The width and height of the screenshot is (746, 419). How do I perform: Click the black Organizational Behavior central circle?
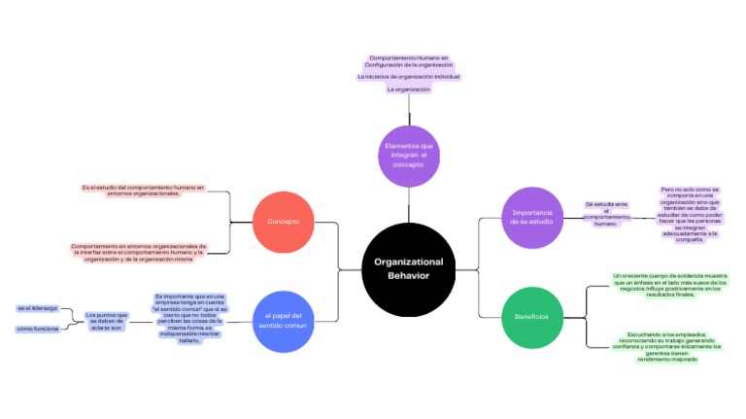click(408, 269)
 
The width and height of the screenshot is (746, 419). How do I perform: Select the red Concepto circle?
click(283, 222)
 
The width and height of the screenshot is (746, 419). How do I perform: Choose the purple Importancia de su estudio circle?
click(531, 217)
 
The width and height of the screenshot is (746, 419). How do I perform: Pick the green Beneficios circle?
click(531, 317)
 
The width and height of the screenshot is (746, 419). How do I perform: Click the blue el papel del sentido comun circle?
click(283, 321)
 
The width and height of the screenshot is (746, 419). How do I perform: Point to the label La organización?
click(408, 88)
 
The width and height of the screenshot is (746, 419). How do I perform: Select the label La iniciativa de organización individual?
click(408, 76)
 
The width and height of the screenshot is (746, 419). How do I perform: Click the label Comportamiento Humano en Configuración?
click(408, 61)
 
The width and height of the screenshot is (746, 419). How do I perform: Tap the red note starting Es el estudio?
click(143, 190)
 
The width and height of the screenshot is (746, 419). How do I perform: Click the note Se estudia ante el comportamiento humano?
click(606, 214)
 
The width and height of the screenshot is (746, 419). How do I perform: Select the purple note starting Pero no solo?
click(689, 214)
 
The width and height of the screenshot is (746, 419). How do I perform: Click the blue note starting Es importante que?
click(190, 319)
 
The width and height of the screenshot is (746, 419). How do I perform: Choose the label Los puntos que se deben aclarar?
click(106, 320)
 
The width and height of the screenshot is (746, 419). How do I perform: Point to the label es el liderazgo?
click(37, 308)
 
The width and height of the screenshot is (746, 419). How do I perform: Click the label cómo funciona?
click(36, 329)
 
